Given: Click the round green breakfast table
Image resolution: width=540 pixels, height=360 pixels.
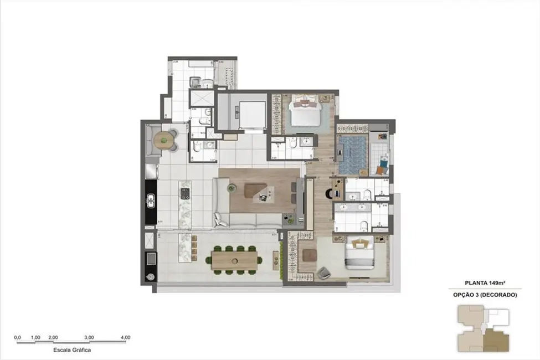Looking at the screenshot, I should [164, 141].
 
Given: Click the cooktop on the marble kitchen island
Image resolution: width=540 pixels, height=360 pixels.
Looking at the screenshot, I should [185, 193].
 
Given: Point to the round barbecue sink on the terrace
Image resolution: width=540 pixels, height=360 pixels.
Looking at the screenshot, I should [150, 277].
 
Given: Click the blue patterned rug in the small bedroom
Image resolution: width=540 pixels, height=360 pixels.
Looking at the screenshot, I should [349, 156].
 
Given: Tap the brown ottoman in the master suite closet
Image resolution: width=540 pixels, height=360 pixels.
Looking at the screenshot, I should [310, 255].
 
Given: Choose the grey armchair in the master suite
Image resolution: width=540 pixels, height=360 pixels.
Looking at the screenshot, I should [323, 272].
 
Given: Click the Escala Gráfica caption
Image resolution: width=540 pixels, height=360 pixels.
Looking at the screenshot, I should [71, 350].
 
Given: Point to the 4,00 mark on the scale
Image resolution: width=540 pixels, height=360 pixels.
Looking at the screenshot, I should [125, 337].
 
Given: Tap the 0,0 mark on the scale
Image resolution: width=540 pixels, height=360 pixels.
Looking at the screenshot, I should [17, 337].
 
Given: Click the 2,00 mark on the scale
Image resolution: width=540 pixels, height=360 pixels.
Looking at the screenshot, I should [53, 337].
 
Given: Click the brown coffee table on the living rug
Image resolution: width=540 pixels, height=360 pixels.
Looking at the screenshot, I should [258, 191].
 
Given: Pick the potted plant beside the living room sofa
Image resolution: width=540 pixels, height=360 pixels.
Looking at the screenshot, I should [231, 188].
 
